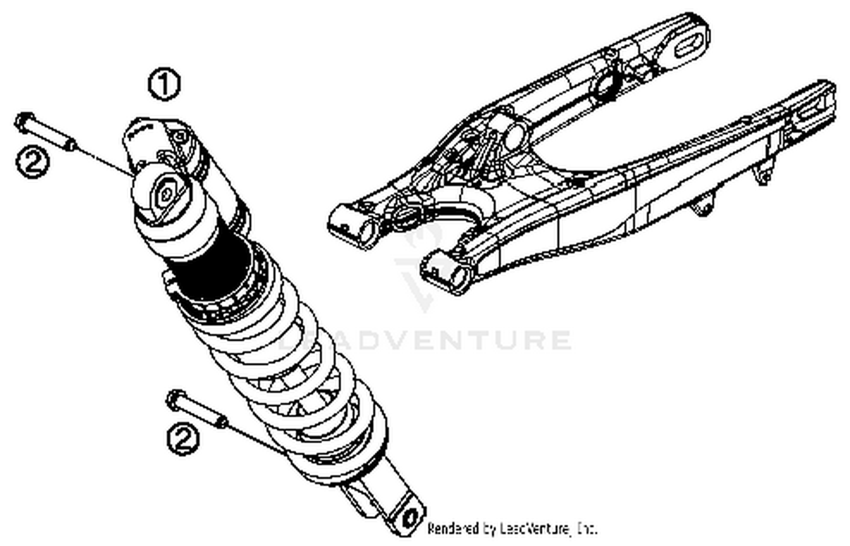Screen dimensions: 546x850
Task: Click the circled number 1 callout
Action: point(164,84)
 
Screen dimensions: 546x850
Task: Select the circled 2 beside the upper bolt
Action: point(32,162)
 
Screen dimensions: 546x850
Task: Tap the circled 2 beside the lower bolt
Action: point(183,439)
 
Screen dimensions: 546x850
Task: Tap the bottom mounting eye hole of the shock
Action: point(409,518)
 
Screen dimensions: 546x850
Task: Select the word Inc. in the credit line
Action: point(586,528)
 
